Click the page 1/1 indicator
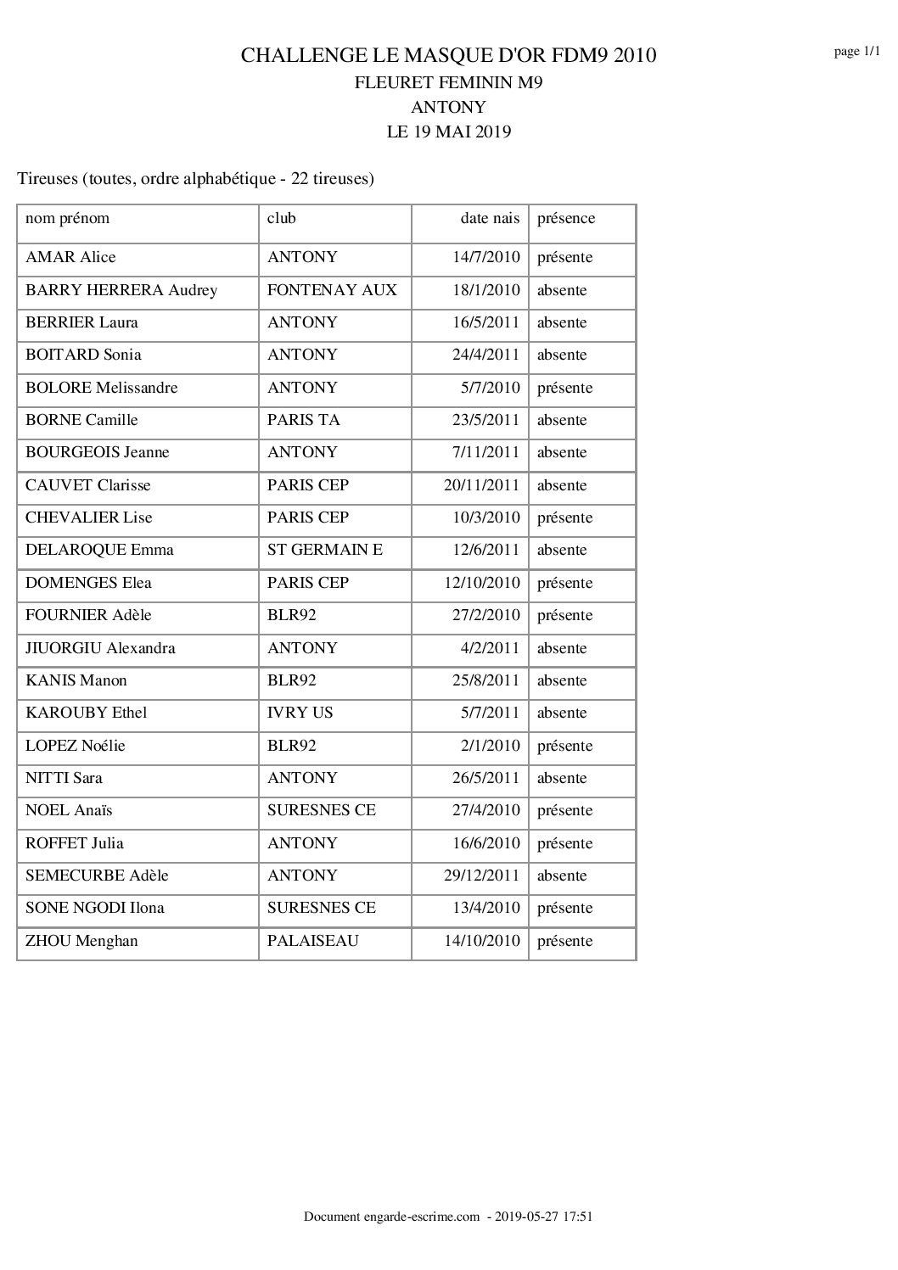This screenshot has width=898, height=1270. point(856,52)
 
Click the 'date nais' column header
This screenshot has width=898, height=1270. point(490,218)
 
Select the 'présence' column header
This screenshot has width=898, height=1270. point(566,218)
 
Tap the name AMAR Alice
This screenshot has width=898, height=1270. point(70,257)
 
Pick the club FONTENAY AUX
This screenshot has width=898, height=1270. point(332,290)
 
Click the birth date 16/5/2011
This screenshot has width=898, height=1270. point(485,322)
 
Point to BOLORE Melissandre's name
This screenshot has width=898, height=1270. point(102,388)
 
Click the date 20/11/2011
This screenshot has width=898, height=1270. point(481,485)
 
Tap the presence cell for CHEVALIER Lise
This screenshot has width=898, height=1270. point(564,518)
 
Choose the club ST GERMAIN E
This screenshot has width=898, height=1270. point(325,550)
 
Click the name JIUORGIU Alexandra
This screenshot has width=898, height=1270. point(100,648)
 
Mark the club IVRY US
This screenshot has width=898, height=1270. point(300,713)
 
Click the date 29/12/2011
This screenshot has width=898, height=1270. point(481,876)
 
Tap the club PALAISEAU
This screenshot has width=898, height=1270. point(313,941)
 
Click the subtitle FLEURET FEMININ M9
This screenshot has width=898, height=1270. point(448,82)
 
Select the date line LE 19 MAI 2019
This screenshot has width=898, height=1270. point(448,131)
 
